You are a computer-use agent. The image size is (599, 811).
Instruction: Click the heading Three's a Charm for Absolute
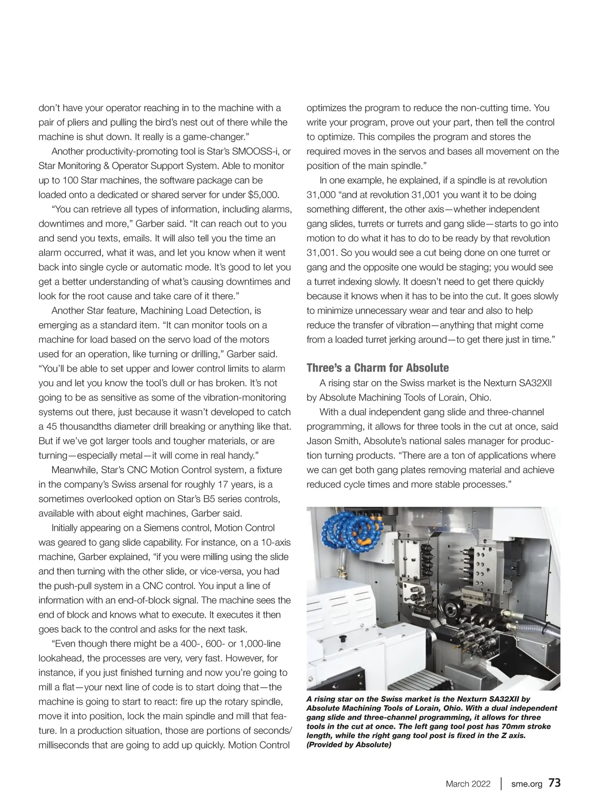click(377, 368)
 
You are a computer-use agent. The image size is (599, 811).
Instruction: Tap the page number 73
click(555, 783)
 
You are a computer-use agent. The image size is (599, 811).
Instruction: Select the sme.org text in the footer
click(527, 784)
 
